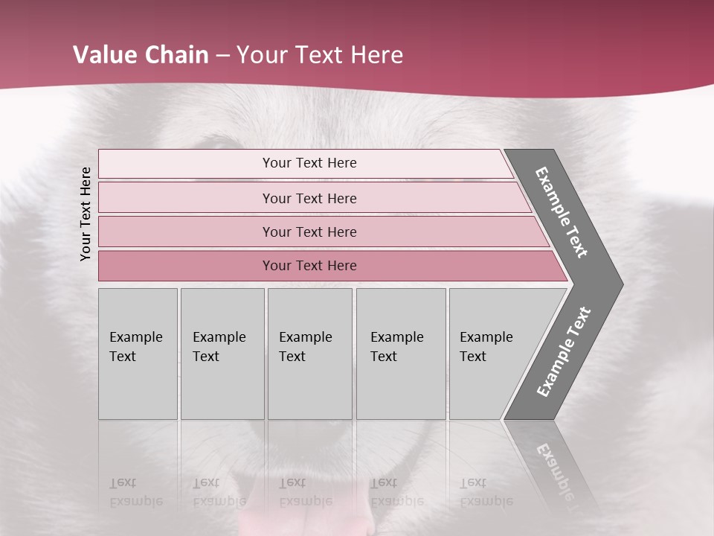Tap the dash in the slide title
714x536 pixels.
pos(222,56)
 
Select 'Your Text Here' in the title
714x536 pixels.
pos(320,55)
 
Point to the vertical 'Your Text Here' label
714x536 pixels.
pos(86,214)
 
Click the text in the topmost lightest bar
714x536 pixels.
pos(309,163)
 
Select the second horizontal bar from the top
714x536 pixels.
pos(309,198)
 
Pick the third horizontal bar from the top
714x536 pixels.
pos(309,232)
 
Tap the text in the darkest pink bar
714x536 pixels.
pos(309,266)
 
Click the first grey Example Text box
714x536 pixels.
pos(137,347)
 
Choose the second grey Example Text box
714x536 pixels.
pos(221,347)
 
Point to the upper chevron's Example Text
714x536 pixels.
pos(562,212)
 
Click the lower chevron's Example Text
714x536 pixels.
pos(564,351)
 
